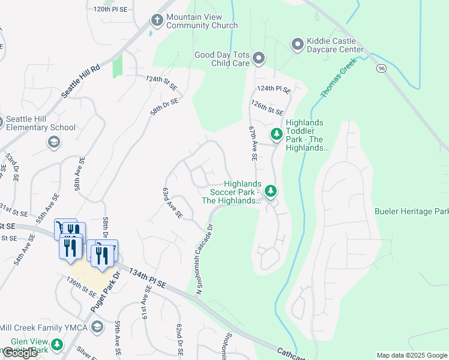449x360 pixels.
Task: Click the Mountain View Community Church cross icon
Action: tap(157, 20)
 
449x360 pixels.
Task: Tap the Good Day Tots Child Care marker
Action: tap(259, 58)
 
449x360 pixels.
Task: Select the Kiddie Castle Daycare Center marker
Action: tap(297, 44)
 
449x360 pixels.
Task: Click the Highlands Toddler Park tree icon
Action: tap(277, 134)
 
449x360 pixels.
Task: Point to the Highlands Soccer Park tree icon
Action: tap(271, 191)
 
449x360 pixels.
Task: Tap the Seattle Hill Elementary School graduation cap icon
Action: tap(53, 142)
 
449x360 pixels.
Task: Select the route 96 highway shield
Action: tap(382, 68)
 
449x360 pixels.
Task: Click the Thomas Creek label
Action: tap(339, 78)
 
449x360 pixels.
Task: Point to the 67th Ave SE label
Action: tap(253, 143)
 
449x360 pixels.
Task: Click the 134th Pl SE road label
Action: tap(147, 275)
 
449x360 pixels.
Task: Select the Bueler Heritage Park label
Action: tap(412, 211)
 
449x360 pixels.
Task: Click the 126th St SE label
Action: tap(267, 111)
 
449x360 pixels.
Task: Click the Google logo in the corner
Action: tap(20, 353)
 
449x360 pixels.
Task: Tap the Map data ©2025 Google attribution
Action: tap(411, 355)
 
